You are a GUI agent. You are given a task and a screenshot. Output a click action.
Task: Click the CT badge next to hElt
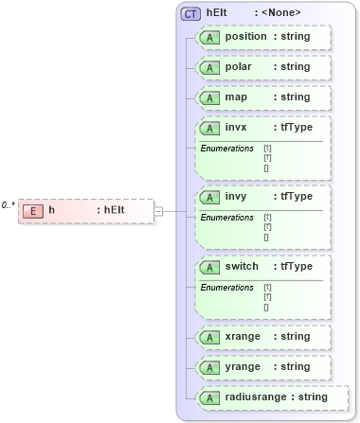pos(190,13)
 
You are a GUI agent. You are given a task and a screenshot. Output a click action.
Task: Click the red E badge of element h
pos(32,210)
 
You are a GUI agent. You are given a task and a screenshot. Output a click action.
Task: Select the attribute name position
pos(245,37)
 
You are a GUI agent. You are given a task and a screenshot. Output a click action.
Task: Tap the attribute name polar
pos(239,67)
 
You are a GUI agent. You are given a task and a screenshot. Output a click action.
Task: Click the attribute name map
pos(236,97)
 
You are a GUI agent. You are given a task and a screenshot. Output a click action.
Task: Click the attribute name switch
pos(242,266)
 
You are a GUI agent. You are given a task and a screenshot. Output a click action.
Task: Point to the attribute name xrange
pos(243,336)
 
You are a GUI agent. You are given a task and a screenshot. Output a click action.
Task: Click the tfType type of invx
pos(295,127)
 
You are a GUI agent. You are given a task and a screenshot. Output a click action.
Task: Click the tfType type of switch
pos(295,266)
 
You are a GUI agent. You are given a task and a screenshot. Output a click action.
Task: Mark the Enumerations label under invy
pos(226,218)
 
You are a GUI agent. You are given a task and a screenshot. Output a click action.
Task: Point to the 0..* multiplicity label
pos(9,204)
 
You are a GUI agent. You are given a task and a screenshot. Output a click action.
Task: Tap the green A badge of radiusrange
pos(207,397)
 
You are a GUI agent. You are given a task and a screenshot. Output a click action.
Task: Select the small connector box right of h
pos(158,210)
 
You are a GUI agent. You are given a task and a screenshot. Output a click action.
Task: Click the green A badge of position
pos(207,37)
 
